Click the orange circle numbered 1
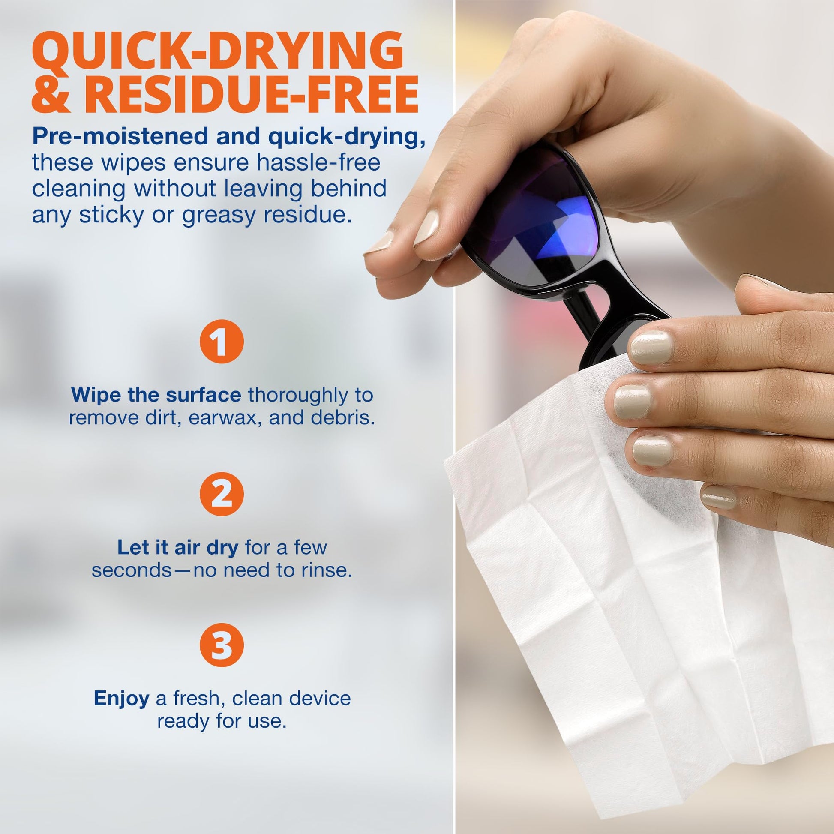[222, 341]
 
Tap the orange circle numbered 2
[222, 494]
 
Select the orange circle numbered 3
[222, 645]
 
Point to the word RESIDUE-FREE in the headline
[251, 95]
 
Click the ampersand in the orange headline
[51, 95]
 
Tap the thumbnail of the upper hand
[426, 229]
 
